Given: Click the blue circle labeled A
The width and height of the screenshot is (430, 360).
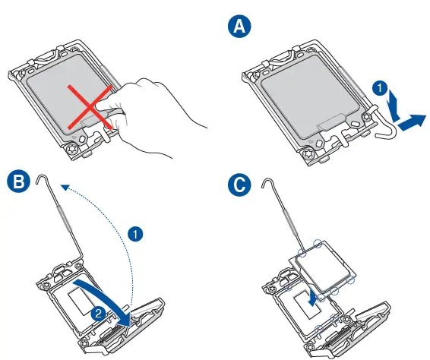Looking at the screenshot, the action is pos(239,27).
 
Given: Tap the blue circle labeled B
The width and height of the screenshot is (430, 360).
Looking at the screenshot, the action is pos(19,182).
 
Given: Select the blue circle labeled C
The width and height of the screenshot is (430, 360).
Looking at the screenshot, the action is pos(239,185).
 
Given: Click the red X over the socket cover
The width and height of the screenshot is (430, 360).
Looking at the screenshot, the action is pos(90,107).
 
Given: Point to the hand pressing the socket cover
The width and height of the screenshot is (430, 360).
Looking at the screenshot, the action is pos(153,115).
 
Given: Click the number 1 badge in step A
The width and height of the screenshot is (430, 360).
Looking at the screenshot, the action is pos(380,88).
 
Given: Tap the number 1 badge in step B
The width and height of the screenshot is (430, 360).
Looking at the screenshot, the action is pos(135,234).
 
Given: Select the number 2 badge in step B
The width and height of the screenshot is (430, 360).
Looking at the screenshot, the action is pos(98,313).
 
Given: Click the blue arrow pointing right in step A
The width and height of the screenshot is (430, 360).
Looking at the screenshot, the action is pos(412,122).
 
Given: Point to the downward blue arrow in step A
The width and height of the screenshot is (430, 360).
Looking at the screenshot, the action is pos(394,106).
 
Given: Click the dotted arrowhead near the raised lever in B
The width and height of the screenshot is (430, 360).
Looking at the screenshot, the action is pos(65,188).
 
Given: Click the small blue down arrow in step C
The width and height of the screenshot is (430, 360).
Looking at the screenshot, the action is pos(312,299).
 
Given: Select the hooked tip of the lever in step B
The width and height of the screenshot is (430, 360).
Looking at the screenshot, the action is pos(41,178).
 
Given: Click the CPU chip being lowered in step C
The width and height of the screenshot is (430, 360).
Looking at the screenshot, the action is pos(323,267).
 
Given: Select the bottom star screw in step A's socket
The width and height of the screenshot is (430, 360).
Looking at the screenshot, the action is pos(308,154).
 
